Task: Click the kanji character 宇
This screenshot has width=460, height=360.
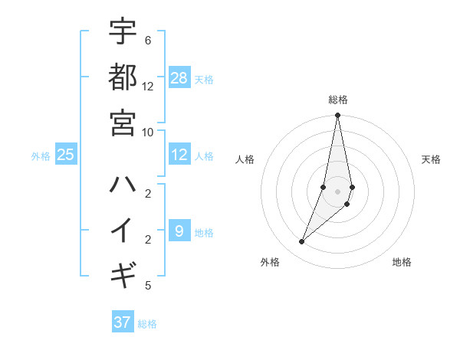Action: [123, 32]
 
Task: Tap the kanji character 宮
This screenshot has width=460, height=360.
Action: [123, 122]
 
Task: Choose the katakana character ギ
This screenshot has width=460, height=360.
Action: [123, 273]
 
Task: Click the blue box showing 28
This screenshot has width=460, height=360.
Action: [179, 77]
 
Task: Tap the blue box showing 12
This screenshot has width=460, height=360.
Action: [179, 155]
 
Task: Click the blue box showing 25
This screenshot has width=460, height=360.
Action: [66, 155]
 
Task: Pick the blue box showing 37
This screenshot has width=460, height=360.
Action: [123, 322]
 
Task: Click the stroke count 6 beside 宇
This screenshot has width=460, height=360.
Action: [147, 41]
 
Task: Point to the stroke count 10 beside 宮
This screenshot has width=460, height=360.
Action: [148, 131]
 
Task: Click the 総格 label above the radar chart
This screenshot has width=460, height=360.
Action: [338, 100]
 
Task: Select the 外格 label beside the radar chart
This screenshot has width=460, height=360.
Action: [270, 262]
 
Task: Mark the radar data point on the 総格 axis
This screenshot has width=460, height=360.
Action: [338, 116]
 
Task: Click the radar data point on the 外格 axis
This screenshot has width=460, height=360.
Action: [302, 242]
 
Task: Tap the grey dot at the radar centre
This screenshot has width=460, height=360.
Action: [338, 191]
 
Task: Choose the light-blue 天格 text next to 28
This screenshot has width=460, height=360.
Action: [204, 79]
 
